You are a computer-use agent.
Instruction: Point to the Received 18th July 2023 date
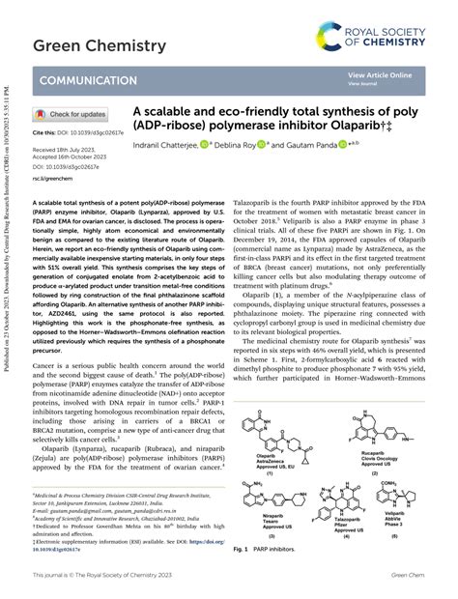pos(65,151)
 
